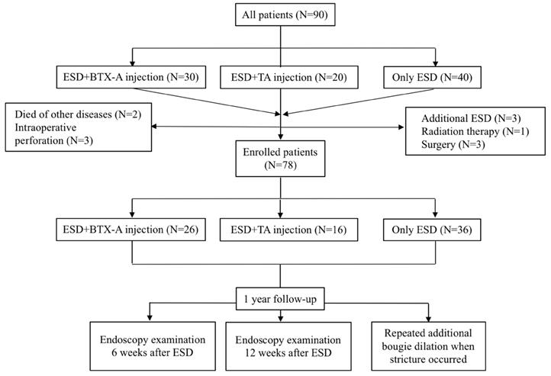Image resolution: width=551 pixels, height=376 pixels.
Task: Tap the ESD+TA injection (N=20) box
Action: (282, 77)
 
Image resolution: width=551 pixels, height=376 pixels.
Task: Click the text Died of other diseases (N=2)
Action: (83, 115)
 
